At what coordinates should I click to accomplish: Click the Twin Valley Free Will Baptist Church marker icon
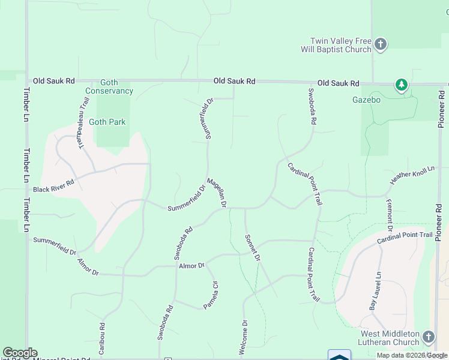(x=381, y=44)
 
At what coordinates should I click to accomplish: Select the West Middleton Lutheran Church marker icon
(x=428, y=337)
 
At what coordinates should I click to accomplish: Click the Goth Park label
(x=107, y=122)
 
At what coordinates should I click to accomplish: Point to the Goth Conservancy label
(x=109, y=86)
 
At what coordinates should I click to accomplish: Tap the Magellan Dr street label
(x=216, y=193)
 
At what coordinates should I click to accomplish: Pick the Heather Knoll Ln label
(x=412, y=175)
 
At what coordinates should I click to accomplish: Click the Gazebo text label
(x=366, y=100)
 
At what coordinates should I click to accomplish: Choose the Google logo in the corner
(x=20, y=353)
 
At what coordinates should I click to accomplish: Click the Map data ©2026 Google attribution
(x=412, y=355)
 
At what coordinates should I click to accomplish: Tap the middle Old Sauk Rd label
(x=235, y=81)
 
